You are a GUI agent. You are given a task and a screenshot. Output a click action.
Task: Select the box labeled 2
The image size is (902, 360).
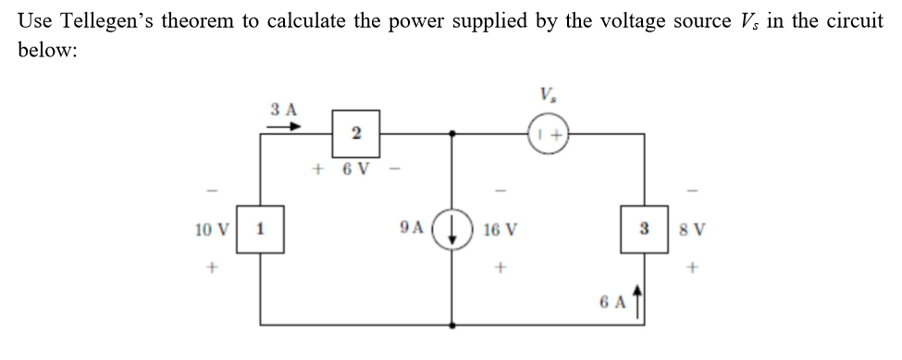coord(355,134)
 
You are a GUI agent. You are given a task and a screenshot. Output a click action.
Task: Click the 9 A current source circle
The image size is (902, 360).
coord(451,229)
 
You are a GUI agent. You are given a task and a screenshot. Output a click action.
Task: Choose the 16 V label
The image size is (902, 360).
coord(500,229)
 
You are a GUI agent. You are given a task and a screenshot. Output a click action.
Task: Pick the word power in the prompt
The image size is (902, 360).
coord(427,21)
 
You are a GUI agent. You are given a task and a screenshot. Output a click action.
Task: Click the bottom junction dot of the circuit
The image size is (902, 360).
coord(451,325)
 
